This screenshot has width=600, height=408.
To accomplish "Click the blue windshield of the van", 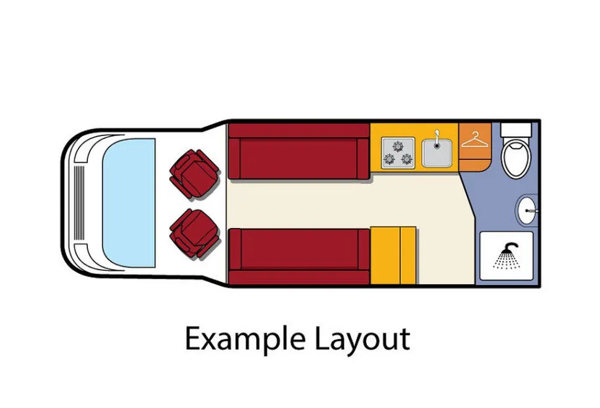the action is click(129, 203).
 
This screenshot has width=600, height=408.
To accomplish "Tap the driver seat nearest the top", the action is click(194, 174).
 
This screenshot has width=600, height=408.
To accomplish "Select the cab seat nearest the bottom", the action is click(194, 233).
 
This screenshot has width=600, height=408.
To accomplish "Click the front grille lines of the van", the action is click(79, 203).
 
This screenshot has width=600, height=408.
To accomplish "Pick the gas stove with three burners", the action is click(398, 153).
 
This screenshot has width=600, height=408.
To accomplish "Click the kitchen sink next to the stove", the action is click(437, 153).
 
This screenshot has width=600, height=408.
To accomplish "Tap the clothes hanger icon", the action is click(474, 140).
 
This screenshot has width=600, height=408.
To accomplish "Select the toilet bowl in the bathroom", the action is click(516, 157).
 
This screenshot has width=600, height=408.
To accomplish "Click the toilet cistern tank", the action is click(516, 130).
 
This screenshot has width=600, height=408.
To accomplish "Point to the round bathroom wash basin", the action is click(527, 210).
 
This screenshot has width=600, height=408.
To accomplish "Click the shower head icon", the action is click(507, 255).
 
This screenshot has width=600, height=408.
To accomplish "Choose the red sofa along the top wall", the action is click(299, 151).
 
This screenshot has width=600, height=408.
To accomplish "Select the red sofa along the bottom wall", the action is click(299, 257).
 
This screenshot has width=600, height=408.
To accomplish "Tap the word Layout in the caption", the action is click(362, 339).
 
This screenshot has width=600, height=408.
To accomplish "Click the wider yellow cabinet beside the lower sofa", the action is click(385, 255).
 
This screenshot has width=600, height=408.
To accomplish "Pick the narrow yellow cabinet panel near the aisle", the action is click(408, 255).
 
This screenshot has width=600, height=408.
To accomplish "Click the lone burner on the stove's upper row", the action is click(398, 146).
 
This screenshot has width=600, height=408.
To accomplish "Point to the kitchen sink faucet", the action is click(437, 138).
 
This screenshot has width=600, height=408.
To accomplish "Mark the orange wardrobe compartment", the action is click(475, 147).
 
